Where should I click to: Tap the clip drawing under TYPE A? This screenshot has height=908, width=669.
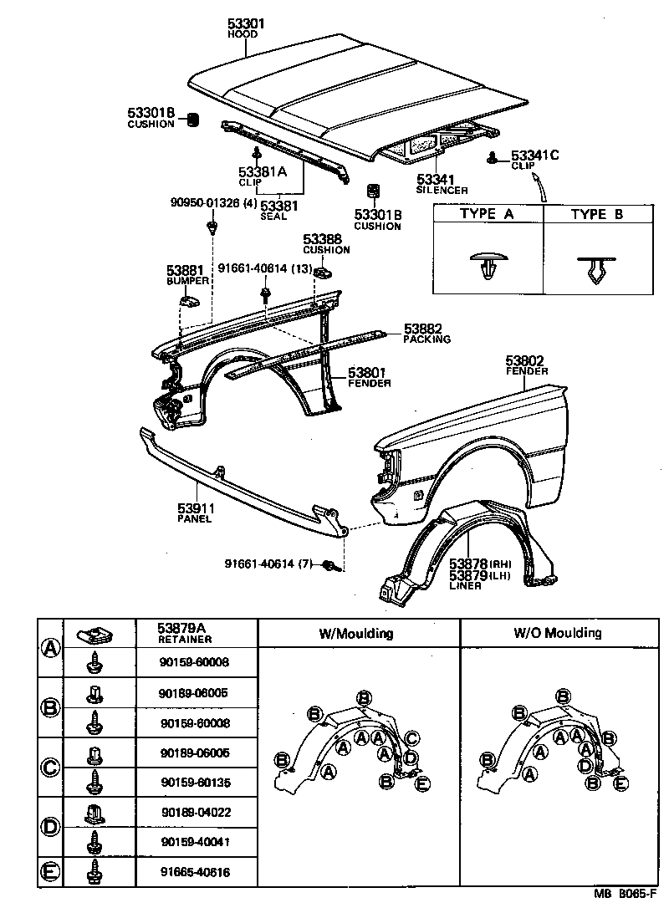pos(487,267)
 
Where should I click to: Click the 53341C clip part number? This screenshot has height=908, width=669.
pos(535,156)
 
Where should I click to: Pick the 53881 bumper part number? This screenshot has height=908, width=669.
pos(186,270)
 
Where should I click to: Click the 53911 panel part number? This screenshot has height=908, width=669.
pos(194,508)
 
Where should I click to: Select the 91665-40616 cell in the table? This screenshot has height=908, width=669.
pos(194,873)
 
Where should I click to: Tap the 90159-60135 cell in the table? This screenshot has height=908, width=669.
pos(194,783)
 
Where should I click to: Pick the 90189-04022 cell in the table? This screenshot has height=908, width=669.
pos(196,811)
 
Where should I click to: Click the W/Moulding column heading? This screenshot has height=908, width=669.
pos(356,633)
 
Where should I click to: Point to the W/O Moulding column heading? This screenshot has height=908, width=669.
pos(556,633)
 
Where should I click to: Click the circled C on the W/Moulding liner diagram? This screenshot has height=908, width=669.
pos(411,737)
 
